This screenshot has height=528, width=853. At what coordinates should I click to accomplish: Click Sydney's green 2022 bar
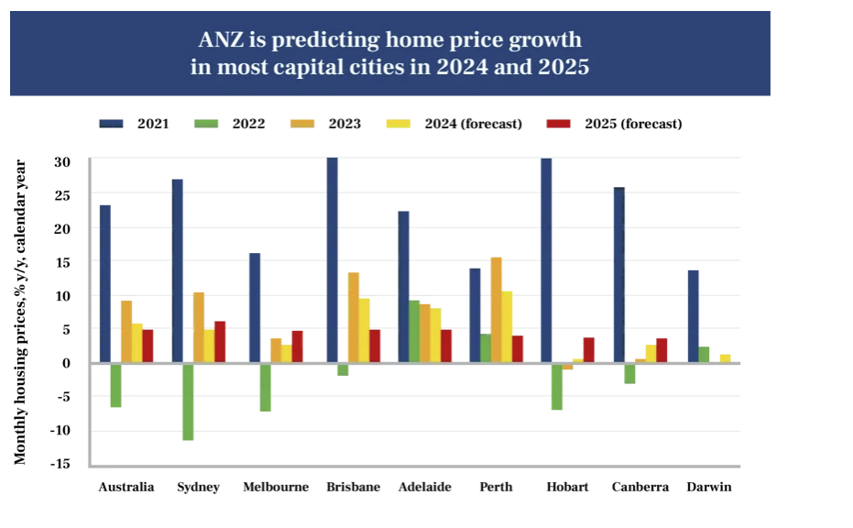click(x=188, y=401)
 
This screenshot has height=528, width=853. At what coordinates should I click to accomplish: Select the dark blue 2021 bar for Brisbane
click(x=332, y=260)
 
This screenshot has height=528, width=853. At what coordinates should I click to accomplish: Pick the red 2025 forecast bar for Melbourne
click(x=297, y=346)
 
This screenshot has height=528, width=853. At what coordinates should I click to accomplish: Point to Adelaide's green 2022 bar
click(x=414, y=331)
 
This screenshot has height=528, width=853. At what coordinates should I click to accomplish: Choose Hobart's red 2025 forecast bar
click(x=588, y=350)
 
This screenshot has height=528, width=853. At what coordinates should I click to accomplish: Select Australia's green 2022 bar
click(x=116, y=385)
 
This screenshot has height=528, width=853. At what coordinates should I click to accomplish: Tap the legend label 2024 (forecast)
click(x=473, y=123)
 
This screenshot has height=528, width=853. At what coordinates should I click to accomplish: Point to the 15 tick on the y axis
click(x=62, y=262)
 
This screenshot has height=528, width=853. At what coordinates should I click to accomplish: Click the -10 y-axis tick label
click(x=60, y=431)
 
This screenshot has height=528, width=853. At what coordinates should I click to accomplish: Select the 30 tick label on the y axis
click(x=62, y=161)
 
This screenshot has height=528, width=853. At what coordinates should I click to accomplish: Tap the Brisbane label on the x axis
click(x=353, y=487)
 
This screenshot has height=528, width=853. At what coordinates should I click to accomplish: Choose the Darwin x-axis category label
click(x=709, y=487)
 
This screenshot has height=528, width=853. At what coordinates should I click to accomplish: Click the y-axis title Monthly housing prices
click(x=20, y=312)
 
